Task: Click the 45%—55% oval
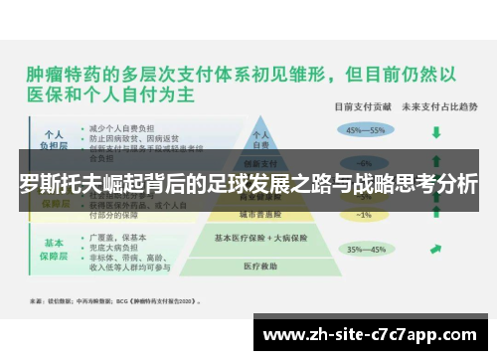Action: (x=365, y=128)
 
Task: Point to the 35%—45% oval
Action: (x=365, y=250)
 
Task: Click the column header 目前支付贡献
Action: (x=362, y=104)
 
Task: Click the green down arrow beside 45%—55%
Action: (x=435, y=129)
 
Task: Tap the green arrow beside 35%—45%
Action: (x=435, y=250)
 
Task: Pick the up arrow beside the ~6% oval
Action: (x=435, y=162)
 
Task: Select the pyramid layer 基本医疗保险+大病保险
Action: (x=262, y=238)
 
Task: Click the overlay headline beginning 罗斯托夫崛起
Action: (x=248, y=184)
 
